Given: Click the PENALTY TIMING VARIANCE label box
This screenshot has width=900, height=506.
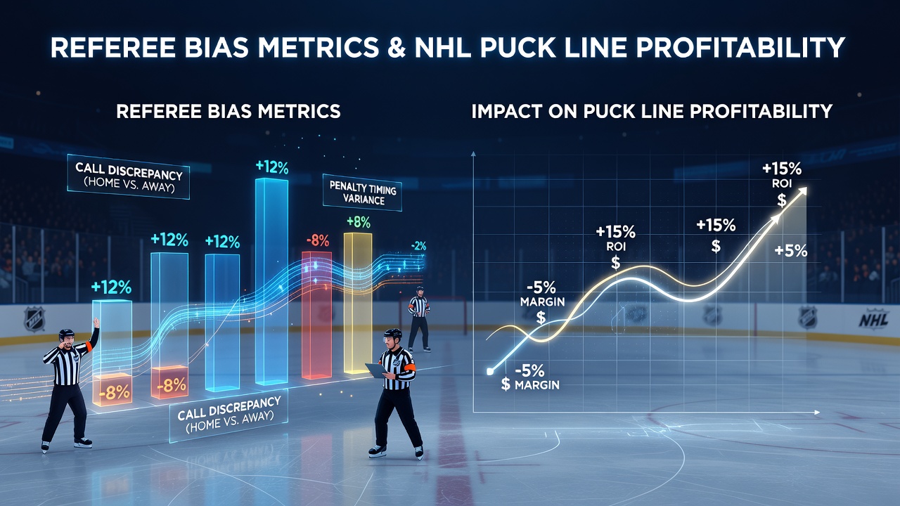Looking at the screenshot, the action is point(362,193).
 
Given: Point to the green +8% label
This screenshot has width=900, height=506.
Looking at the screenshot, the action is point(359,222).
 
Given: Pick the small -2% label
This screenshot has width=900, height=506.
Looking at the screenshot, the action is point(418,246).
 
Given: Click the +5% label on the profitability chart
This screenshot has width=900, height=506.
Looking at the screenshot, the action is point(791,251).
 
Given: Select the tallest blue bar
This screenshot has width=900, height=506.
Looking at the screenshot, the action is point(271,281).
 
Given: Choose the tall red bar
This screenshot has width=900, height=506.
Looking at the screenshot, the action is point(316,315).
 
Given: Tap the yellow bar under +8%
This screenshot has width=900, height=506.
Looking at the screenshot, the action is point(358,303).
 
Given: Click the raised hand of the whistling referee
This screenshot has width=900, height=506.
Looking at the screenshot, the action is point(96,322).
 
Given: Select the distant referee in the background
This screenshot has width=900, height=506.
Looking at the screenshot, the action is point(419,319).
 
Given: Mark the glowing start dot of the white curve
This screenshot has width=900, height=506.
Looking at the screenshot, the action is point(490,372).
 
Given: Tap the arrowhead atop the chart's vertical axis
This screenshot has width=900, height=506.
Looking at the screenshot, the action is point(473,154).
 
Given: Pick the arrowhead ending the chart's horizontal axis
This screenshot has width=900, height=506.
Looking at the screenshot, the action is point(816,413).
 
